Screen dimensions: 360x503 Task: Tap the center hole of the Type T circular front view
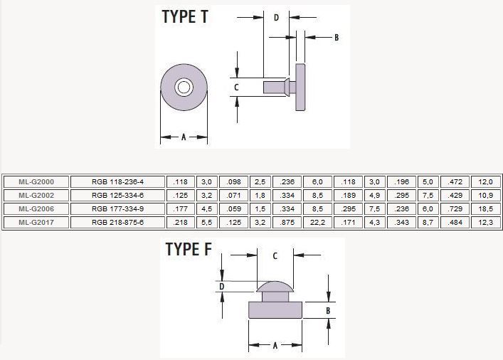(184, 88)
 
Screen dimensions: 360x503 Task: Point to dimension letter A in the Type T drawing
(184, 137)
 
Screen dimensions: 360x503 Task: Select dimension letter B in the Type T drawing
(336, 37)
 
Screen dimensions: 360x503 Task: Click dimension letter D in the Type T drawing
(276, 18)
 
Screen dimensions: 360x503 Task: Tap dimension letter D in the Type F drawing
(222, 286)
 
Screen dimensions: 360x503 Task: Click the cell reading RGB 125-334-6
(117, 195)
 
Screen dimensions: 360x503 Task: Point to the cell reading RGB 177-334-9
(117, 208)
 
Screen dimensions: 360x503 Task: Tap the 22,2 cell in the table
(317, 222)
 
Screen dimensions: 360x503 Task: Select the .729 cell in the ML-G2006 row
(452, 208)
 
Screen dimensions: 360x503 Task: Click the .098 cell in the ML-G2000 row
(231, 181)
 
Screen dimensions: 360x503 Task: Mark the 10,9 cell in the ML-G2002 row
(483, 195)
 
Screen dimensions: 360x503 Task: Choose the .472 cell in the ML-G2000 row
(452, 181)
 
